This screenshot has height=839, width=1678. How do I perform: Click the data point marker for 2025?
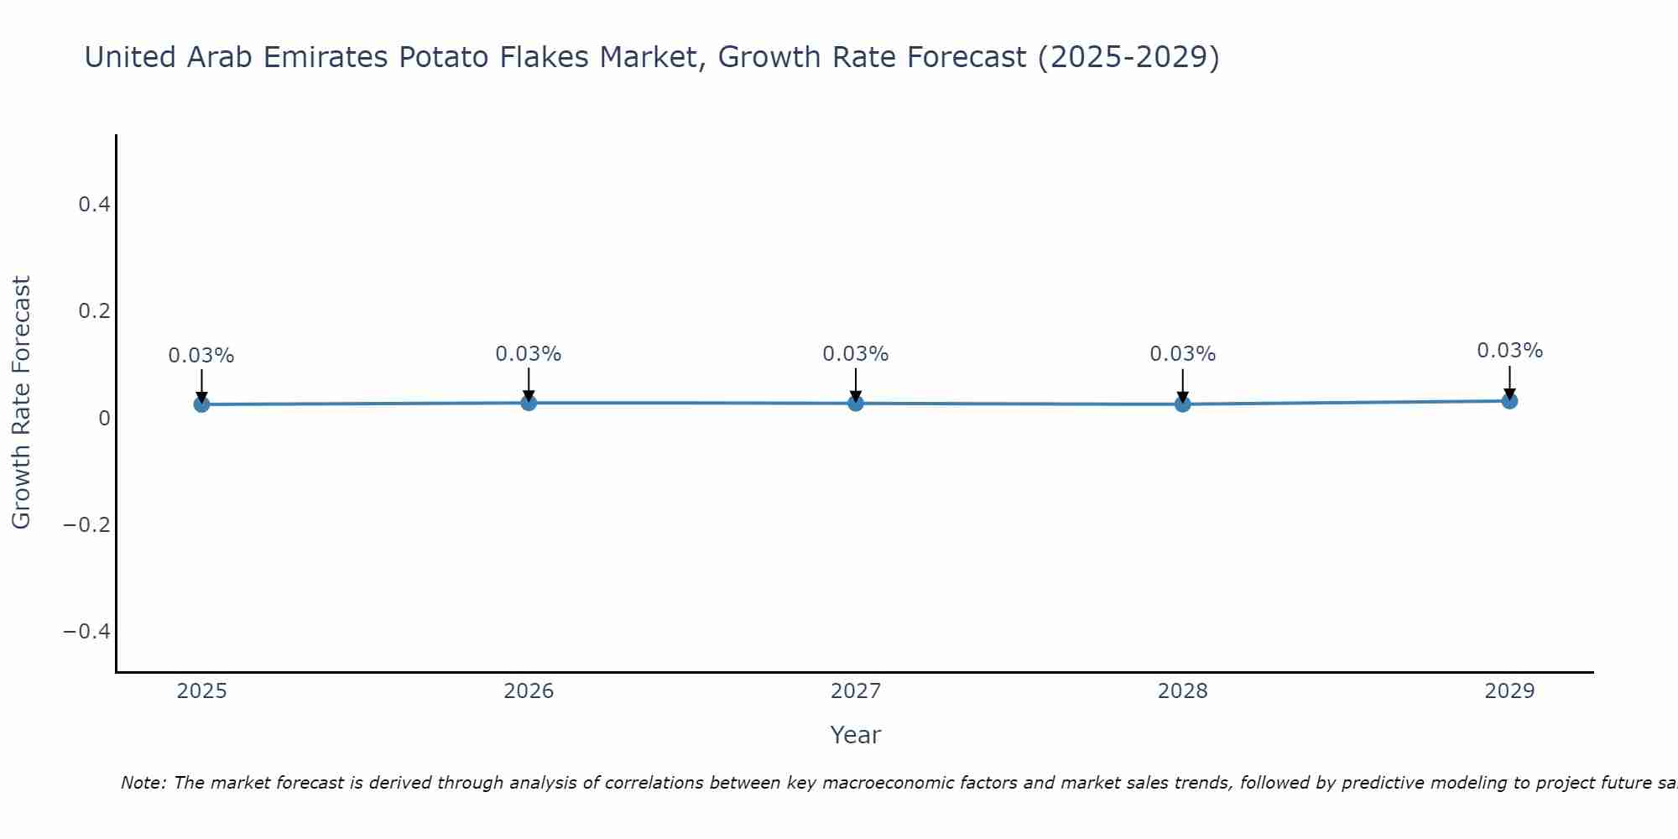tap(201, 404)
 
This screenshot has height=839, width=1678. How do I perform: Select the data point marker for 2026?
tap(529, 403)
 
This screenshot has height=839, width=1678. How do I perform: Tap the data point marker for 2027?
tap(856, 404)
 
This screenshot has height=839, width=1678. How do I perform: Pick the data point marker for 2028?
tap(1182, 404)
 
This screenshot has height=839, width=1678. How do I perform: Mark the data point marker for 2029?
tap(1509, 401)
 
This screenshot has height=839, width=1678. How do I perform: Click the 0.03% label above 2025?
tap(201, 356)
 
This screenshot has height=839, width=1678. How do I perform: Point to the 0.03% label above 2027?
tap(856, 354)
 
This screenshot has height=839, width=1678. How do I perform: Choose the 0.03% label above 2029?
tap(1509, 351)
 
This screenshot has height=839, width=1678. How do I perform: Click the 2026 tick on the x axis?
tap(529, 691)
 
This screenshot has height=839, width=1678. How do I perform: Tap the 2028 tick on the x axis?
tap(1182, 691)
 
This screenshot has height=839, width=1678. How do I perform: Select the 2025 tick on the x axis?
tap(201, 691)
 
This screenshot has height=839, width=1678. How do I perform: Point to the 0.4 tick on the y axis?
tap(94, 205)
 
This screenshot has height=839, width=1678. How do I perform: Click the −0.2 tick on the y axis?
tap(86, 524)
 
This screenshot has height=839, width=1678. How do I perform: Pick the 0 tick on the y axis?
tap(104, 418)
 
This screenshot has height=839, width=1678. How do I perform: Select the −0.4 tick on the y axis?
tap(86, 631)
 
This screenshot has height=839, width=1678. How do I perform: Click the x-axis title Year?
tap(855, 735)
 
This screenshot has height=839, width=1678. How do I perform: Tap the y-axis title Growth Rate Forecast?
tap(21, 403)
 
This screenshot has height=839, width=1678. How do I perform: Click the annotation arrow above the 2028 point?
tap(1182, 385)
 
